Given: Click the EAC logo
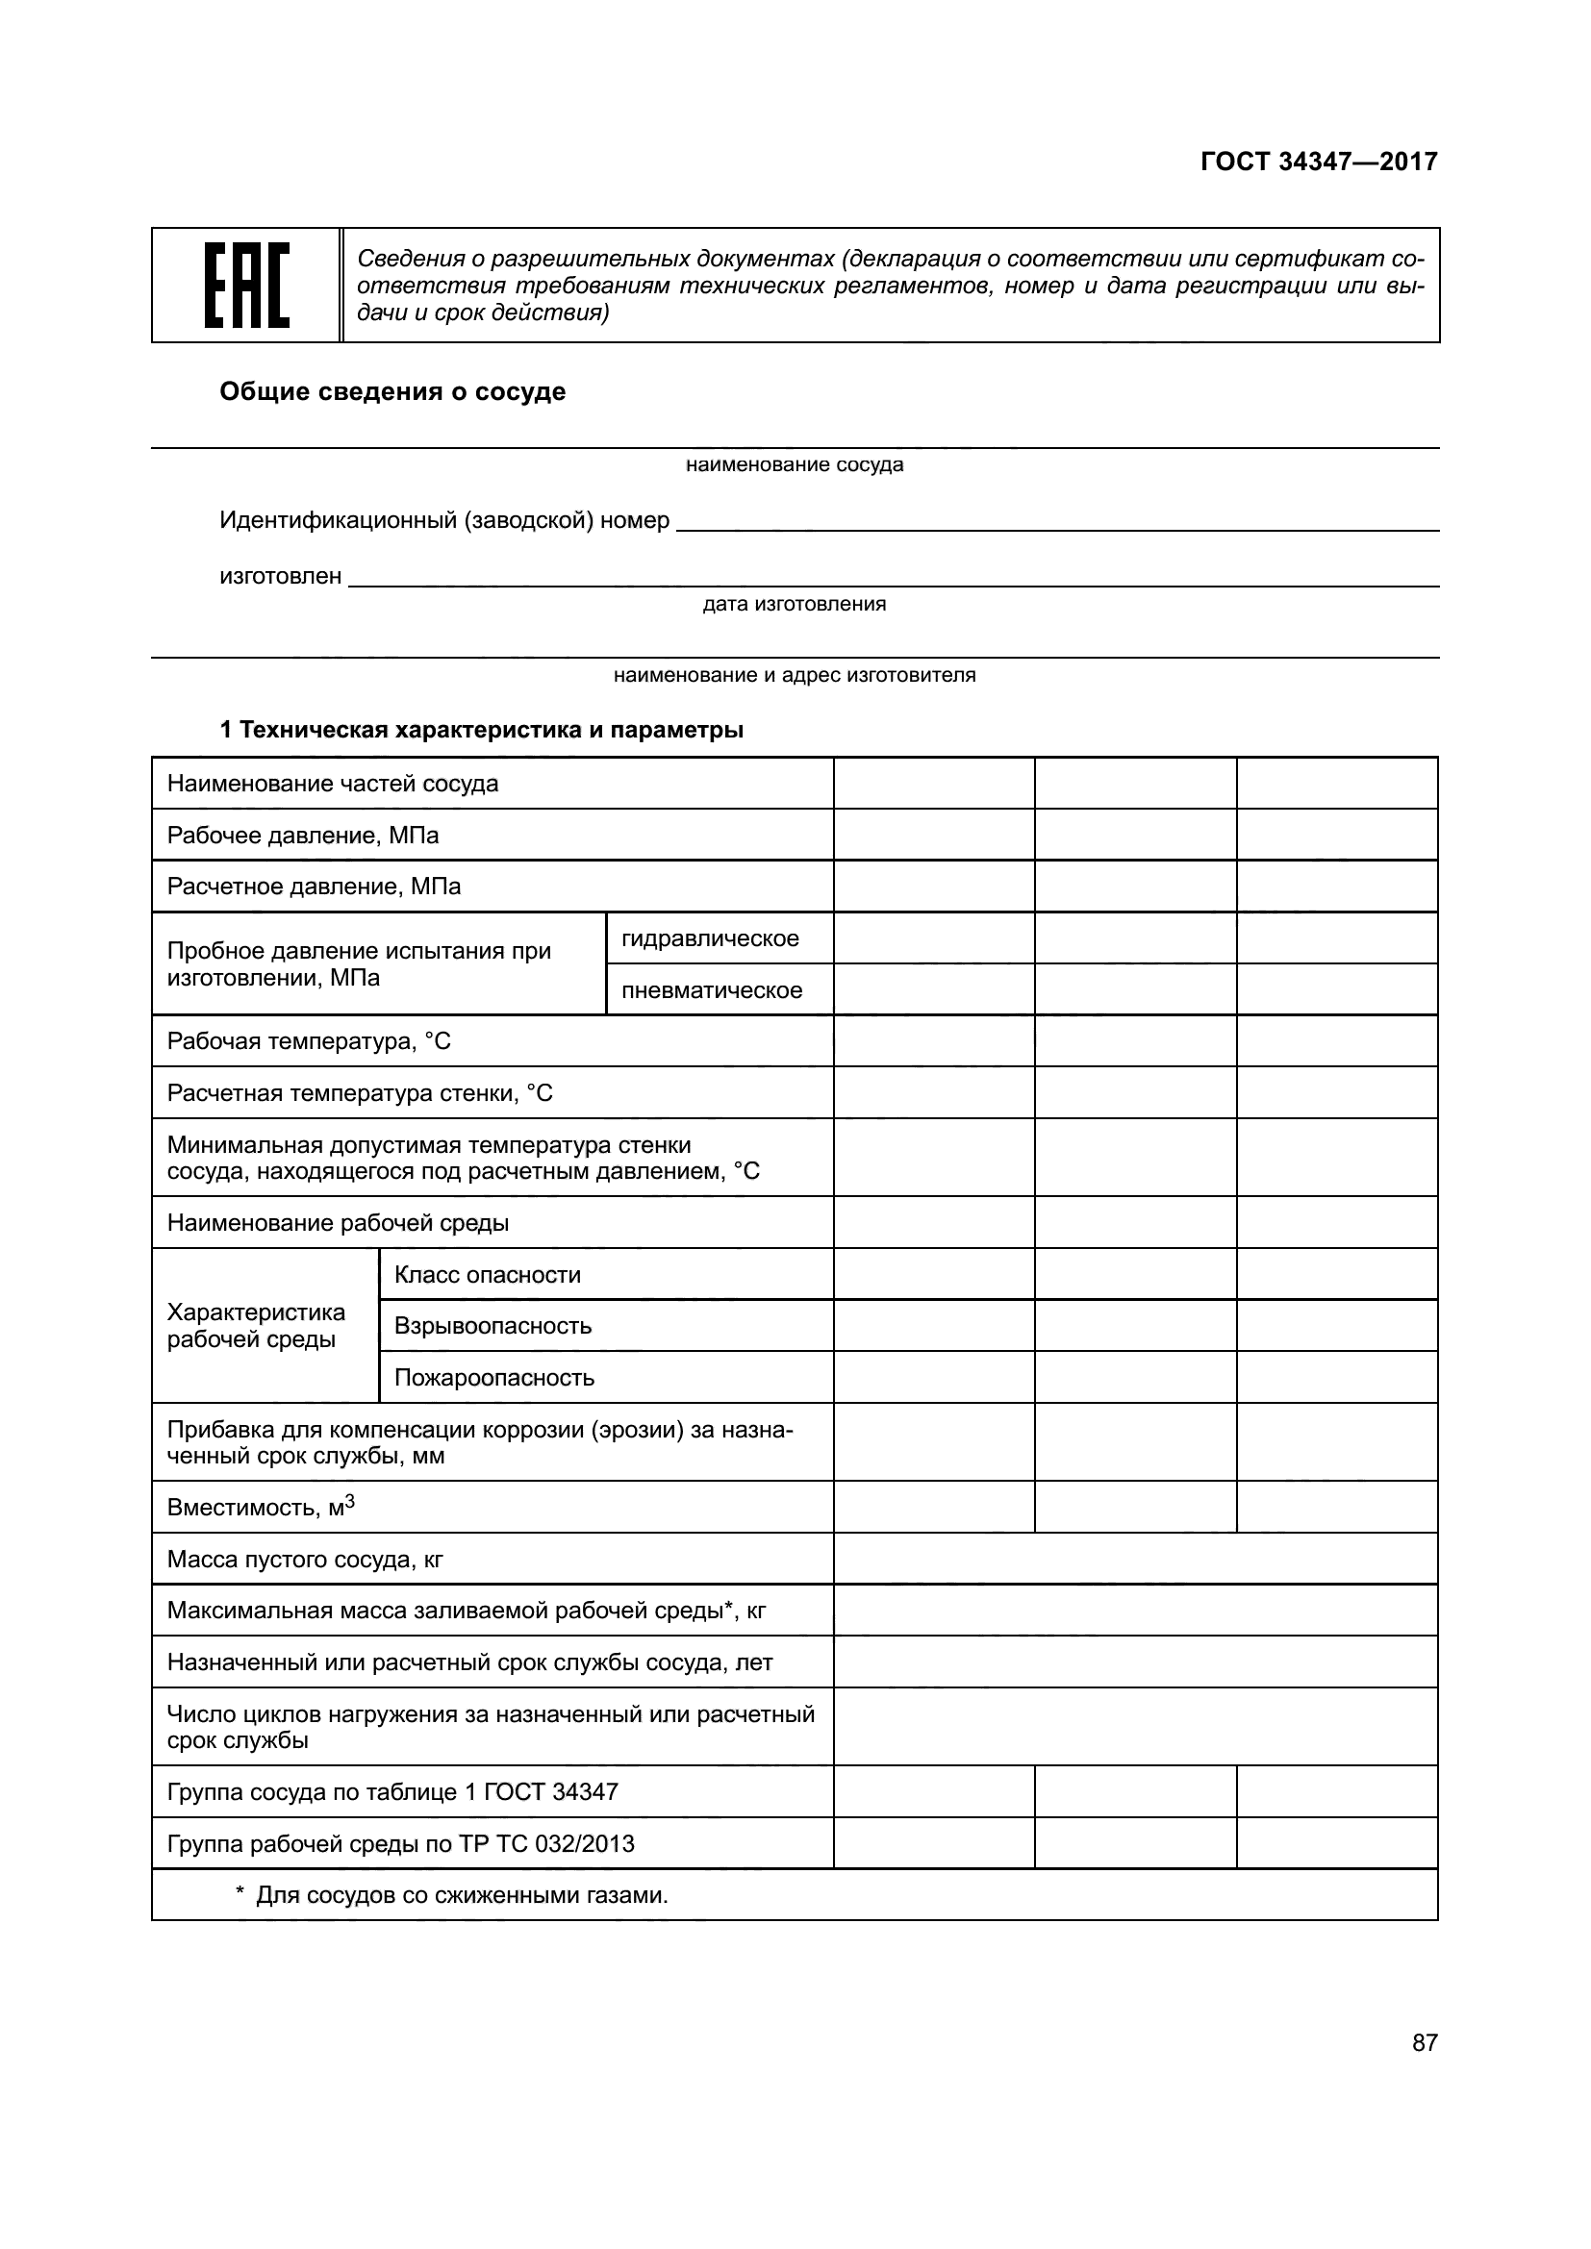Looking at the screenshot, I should [246, 285].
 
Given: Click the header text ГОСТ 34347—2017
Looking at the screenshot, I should [1319, 162].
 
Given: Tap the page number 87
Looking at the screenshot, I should [1425, 2042].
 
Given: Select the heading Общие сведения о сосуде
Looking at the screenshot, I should [391, 391].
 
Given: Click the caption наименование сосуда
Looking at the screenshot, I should [795, 464].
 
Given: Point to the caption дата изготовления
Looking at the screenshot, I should [794, 605].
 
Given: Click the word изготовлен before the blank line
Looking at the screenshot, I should [280, 576].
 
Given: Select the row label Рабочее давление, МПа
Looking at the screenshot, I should [303, 836].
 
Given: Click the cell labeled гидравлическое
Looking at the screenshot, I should [710, 938].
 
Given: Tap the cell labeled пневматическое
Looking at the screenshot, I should [712, 990].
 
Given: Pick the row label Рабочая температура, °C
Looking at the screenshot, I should [309, 1041].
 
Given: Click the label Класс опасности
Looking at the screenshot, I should [487, 1274].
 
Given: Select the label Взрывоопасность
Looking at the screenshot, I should [492, 1326].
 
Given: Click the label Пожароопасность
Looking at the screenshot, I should [493, 1378].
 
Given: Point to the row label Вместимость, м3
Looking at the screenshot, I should [261, 1507].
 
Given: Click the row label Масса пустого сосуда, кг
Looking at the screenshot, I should [305, 1559].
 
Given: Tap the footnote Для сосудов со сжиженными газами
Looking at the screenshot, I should [461, 1895].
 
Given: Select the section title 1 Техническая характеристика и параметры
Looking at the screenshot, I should [481, 730].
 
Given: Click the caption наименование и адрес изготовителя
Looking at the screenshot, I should [795, 675].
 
